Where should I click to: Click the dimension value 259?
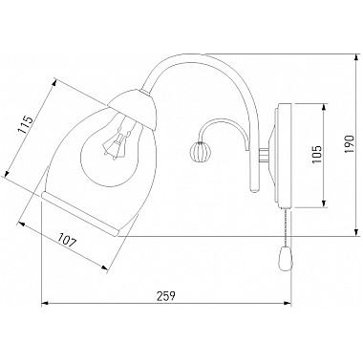tap(166, 296)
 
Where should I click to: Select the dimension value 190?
tap(350, 144)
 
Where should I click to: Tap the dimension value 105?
tap(317, 155)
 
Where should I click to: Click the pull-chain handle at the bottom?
tap(284, 258)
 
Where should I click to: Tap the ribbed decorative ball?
tap(198, 148)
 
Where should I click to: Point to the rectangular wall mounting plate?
tap(285, 156)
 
